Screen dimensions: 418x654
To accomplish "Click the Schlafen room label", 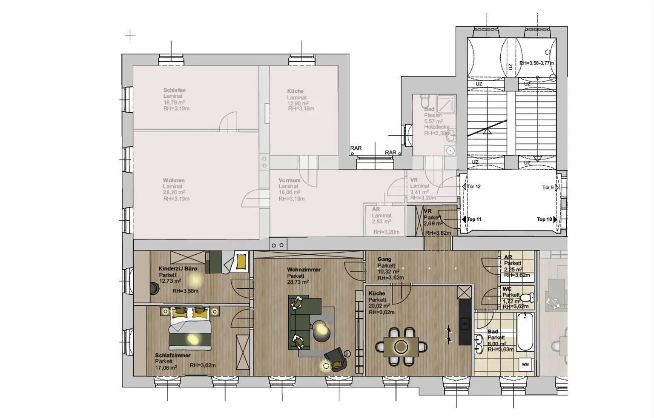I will pyautogui.click(x=174, y=90).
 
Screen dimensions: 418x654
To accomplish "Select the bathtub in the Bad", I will pyautogui.click(x=525, y=332).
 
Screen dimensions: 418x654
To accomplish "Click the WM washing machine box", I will pyautogui.click(x=525, y=364).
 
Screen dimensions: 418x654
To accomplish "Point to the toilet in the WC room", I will pyautogui.click(x=527, y=297).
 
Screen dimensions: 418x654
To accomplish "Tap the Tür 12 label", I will pyautogui.click(x=473, y=187).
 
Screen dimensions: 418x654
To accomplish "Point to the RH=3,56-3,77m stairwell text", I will pyautogui.click(x=536, y=63).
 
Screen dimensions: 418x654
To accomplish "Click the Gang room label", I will pyautogui.click(x=384, y=259).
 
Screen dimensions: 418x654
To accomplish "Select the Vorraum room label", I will pyautogui.click(x=290, y=180).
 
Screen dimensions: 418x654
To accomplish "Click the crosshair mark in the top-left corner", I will pyautogui.click(x=130, y=36).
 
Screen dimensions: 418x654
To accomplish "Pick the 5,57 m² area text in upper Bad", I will pyautogui.click(x=434, y=121).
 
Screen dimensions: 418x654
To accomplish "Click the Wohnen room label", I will pyautogui.click(x=173, y=180).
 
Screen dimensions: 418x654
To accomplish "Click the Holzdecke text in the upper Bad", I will pyautogui.click(x=436, y=127).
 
